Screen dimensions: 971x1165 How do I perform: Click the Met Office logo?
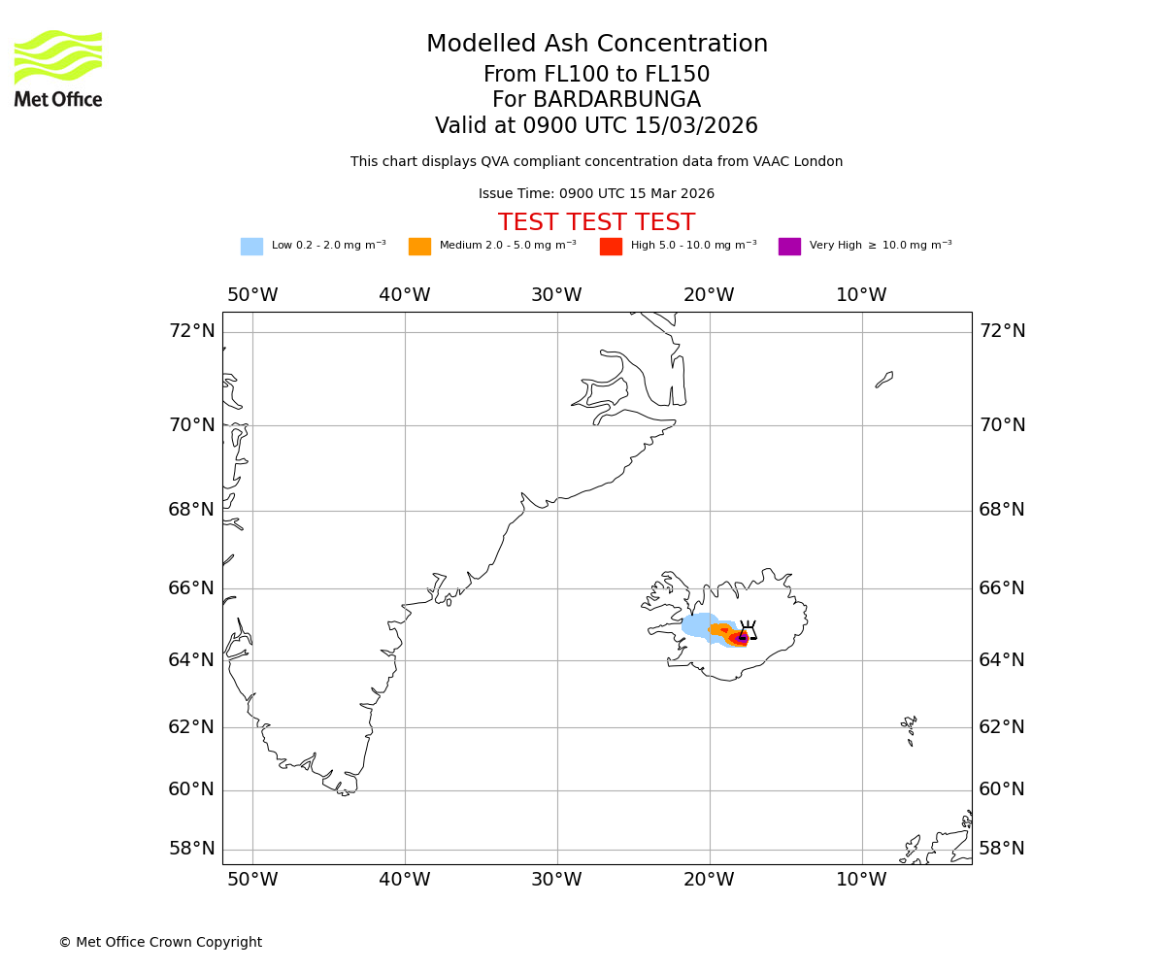pyautogui.click(x=58, y=68)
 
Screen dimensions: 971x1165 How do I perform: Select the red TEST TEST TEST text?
pyautogui.click(x=596, y=222)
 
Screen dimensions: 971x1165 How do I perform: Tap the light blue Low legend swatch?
pyautogui.click(x=251, y=246)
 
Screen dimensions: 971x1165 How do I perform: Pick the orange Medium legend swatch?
pyautogui.click(x=419, y=246)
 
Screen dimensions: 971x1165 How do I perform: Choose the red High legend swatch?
pyautogui.click(x=611, y=246)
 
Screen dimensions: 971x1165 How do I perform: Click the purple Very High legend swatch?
pyautogui.click(x=789, y=246)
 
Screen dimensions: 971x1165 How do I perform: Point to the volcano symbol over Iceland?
pyautogui.click(x=748, y=630)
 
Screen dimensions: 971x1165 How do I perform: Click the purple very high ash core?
pyautogui.click(x=743, y=638)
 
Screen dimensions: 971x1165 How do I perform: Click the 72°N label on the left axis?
pyautogui.click(x=191, y=331)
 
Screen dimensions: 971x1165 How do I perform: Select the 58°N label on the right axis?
pyautogui.click(x=1001, y=849)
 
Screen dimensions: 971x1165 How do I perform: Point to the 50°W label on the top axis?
pyautogui.click(x=252, y=295)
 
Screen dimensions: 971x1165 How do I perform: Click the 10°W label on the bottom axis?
pyautogui.click(x=861, y=880)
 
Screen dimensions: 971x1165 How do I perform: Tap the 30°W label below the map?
pyautogui.click(x=556, y=880)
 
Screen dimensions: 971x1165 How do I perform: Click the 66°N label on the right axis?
pyautogui.click(x=1001, y=588)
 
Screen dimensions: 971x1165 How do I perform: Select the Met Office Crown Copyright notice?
pyautogui.click(x=160, y=942)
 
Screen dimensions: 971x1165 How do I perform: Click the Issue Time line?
pyautogui.click(x=596, y=194)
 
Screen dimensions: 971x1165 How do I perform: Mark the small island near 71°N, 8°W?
pyautogui.click(x=884, y=379)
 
